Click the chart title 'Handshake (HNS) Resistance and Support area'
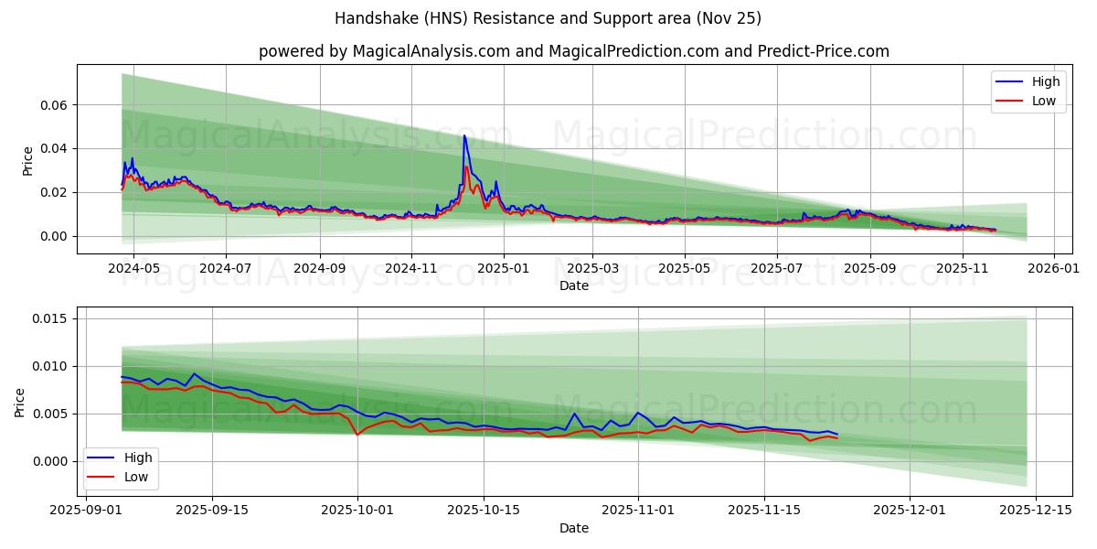548,18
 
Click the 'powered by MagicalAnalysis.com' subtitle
573,51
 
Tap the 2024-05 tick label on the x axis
133,269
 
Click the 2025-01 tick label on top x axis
502,269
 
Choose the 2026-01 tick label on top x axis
1054,269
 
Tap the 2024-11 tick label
410,269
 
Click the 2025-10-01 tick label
357,511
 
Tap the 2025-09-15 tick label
213,511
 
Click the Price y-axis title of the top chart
28,159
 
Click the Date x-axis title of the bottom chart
573,528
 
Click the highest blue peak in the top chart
464,136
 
